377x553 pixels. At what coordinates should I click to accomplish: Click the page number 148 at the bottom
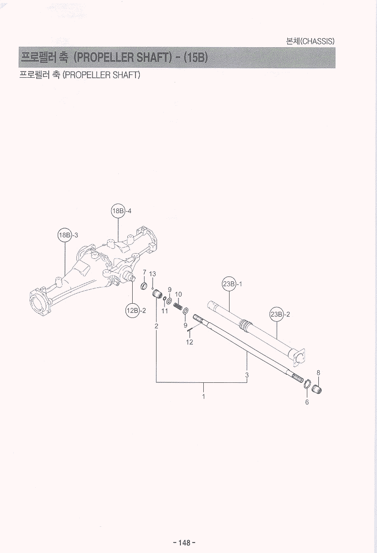click(x=184, y=543)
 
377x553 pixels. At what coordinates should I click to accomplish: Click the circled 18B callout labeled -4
click(x=118, y=211)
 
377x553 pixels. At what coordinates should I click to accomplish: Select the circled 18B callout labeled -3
click(x=65, y=235)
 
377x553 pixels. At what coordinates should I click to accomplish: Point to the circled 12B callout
click(x=132, y=311)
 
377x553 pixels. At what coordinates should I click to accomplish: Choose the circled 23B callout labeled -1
click(x=229, y=284)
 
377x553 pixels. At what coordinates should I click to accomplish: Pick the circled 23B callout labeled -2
click(x=276, y=314)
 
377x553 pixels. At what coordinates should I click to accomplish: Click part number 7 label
click(x=144, y=272)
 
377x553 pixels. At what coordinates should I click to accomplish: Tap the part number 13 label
click(x=153, y=274)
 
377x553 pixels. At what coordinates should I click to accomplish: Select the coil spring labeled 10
click(x=178, y=304)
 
